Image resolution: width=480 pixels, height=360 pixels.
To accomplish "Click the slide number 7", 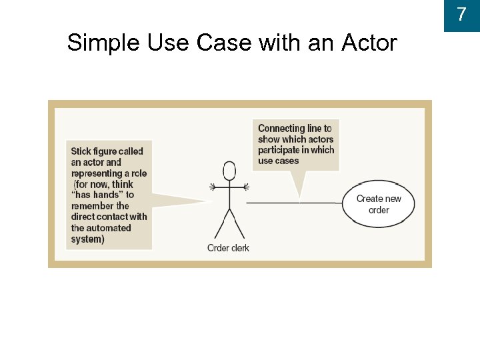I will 461,14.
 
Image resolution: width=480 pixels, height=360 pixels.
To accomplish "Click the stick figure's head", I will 229,171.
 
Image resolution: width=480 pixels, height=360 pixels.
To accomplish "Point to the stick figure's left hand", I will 213,185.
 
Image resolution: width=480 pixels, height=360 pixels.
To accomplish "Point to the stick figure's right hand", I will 246,185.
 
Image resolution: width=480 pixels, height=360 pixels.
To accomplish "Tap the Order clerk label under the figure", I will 228,249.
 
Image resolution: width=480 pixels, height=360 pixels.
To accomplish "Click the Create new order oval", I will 379,204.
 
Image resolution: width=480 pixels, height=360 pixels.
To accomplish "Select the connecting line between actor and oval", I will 293,202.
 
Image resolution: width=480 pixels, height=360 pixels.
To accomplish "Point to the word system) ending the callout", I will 87,239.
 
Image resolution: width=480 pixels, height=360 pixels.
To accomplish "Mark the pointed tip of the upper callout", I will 300,199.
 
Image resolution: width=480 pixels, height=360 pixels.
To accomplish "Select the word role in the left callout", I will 139,173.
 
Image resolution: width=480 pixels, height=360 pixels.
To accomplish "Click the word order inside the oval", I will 379,210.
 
